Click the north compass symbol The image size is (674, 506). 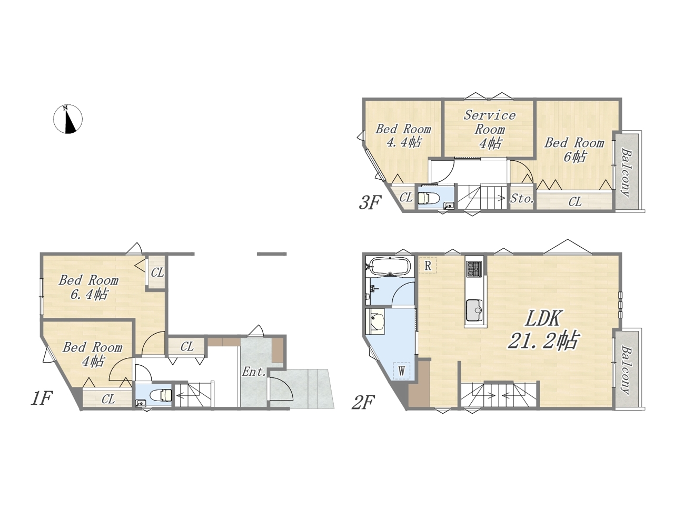tap(68, 119)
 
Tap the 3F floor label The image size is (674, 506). tap(370, 203)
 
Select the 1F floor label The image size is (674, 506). tap(42, 398)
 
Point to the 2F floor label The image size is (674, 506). tap(363, 403)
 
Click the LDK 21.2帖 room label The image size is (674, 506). tap(543, 330)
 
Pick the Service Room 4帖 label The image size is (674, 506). tap(490, 129)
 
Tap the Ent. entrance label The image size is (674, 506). tap(254, 372)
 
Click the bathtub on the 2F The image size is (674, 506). tap(390, 266)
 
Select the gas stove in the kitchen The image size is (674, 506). tap(474, 268)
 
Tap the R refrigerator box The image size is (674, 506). tap(428, 266)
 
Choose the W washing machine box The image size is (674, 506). tap(402, 371)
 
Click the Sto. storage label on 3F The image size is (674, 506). tap(522, 199)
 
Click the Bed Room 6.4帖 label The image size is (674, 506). tap(89, 287)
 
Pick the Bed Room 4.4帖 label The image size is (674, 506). tap(403, 135)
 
